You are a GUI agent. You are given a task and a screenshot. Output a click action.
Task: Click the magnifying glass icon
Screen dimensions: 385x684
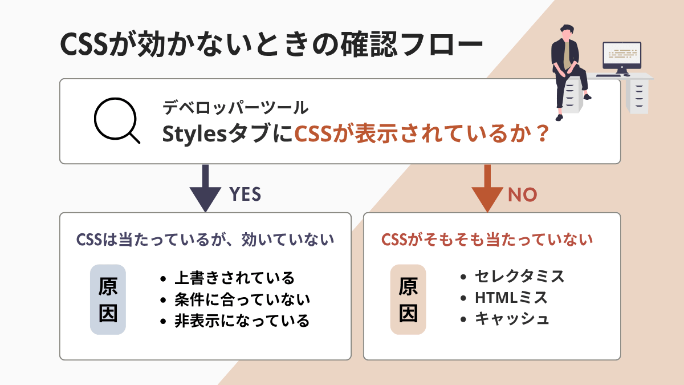pos(116,121)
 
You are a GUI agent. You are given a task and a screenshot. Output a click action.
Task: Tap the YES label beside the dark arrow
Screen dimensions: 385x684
pos(245,194)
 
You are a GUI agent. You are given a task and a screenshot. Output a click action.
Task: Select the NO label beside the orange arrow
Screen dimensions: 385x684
pos(522,194)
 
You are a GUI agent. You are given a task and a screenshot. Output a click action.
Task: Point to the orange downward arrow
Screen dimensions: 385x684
pos(487,188)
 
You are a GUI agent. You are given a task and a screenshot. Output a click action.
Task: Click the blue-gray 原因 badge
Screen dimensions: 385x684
pos(108,299)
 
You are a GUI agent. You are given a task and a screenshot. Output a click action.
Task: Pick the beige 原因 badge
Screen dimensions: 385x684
pos(408,299)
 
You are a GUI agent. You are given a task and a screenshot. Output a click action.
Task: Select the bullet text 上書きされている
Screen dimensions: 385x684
pos(234,278)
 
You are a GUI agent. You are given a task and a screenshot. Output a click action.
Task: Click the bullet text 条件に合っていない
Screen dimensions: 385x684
pos(242,299)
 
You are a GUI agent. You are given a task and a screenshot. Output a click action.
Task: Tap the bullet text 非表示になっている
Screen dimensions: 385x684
pos(242,321)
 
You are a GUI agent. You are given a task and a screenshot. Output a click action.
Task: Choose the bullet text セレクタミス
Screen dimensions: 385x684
pos(519,277)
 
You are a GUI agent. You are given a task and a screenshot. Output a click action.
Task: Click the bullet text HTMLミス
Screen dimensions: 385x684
pos(511,298)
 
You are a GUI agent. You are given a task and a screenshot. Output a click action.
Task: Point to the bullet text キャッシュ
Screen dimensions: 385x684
pos(512,319)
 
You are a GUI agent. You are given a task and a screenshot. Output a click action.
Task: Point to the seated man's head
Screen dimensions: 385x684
pos(566,31)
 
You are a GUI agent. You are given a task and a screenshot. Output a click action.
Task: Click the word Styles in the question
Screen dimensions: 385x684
pos(194,135)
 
